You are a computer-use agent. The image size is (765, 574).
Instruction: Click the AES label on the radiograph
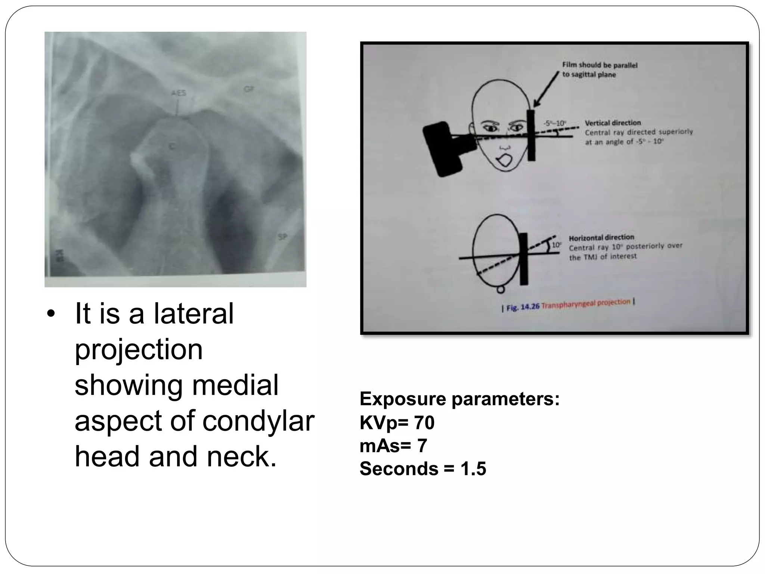179,93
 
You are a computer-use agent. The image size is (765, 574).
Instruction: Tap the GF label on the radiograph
249,89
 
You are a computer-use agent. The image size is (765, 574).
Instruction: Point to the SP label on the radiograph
282,237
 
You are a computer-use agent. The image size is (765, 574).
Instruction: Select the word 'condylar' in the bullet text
258,421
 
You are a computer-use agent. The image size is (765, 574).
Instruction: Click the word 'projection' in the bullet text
139,349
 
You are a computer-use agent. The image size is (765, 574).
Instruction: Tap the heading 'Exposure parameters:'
459,399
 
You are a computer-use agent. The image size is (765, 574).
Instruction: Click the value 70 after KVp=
424,423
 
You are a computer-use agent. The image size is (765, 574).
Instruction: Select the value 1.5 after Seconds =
473,469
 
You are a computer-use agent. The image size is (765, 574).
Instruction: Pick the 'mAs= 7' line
393,445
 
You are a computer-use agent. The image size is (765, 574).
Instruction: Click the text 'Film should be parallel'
600,65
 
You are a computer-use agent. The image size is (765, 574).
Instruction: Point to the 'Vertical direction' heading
613,123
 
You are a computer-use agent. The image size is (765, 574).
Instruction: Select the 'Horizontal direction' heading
601,237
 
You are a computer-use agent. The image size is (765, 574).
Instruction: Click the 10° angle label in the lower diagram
556,245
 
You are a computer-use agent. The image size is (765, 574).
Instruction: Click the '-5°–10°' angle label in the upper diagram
555,123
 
